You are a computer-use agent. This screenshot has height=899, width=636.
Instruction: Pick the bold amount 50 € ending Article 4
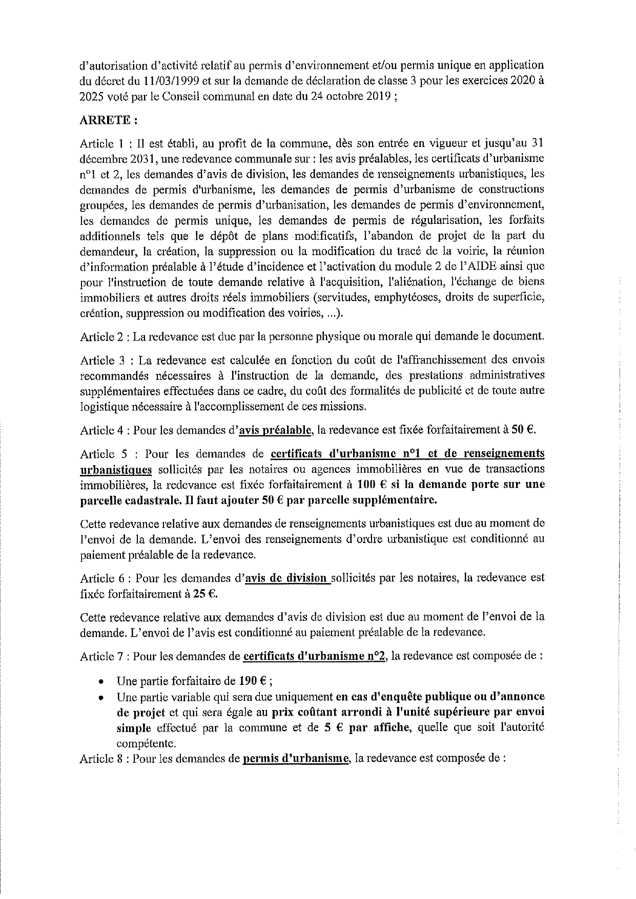523,430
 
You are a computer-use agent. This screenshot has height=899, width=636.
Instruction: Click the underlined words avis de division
288,578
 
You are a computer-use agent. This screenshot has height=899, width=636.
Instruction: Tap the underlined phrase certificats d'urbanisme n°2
315,656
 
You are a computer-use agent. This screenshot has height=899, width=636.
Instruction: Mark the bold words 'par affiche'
380,727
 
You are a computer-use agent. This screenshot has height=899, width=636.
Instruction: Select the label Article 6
102,578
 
